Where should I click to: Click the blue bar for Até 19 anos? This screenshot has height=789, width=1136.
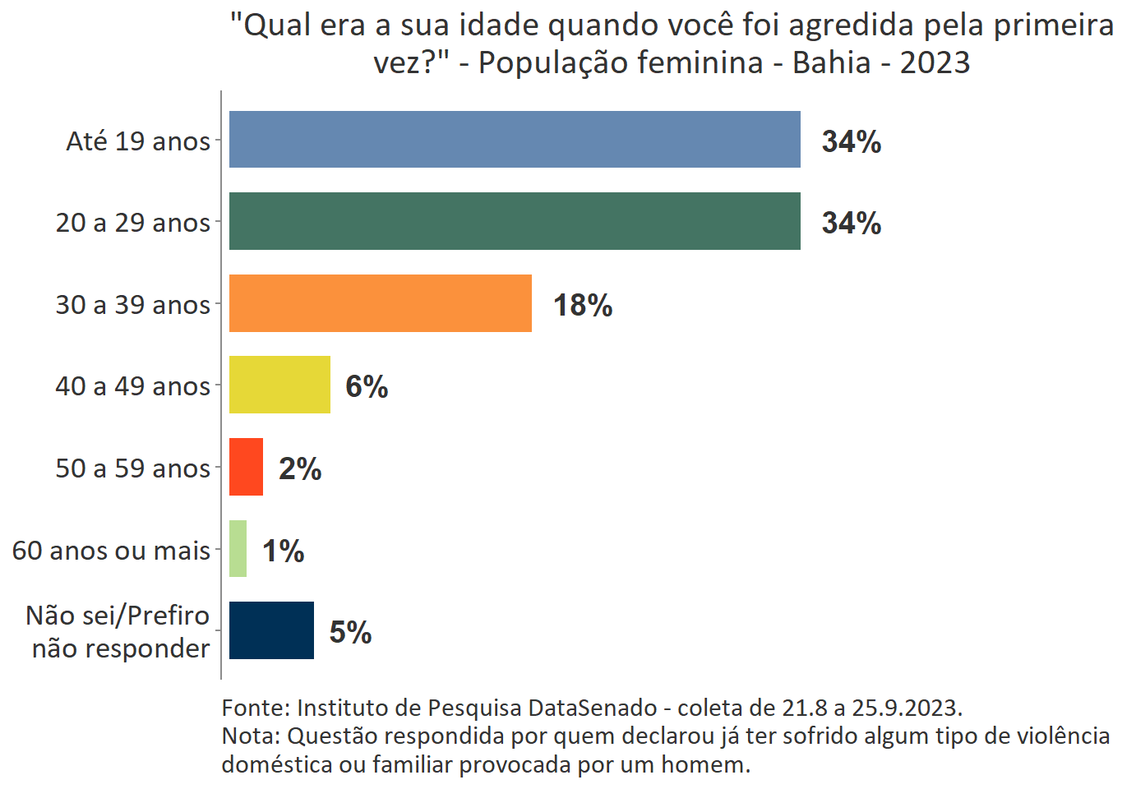pyautogui.click(x=515, y=140)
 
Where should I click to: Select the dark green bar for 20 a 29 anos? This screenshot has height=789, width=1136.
pyautogui.click(x=515, y=221)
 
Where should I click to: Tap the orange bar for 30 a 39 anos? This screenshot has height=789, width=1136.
pyautogui.click(x=381, y=303)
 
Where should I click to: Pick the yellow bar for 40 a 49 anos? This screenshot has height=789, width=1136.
pyautogui.click(x=279, y=385)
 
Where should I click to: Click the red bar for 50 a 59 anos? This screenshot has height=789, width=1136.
pyautogui.click(x=246, y=467)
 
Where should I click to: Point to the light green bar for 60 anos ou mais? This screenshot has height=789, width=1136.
pyautogui.click(x=238, y=549)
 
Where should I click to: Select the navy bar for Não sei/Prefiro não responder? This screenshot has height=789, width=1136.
pyautogui.click(x=271, y=630)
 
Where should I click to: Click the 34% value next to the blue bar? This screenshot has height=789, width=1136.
pyautogui.click(x=851, y=141)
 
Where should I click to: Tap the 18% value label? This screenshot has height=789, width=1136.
pyautogui.click(x=582, y=305)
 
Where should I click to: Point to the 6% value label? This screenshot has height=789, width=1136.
pyautogui.click(x=367, y=386)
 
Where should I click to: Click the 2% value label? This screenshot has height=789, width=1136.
pyautogui.click(x=300, y=468)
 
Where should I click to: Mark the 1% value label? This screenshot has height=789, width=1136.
pyautogui.click(x=283, y=551)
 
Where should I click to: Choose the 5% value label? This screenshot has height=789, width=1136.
pyautogui.click(x=350, y=632)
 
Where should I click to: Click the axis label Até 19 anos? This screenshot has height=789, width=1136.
pyautogui.click(x=138, y=141)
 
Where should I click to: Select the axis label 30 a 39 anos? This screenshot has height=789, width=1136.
pyautogui.click(x=133, y=305)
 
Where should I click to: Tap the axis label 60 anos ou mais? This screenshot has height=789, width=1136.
pyautogui.click(x=111, y=551)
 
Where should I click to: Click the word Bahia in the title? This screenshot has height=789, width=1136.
pyautogui.click(x=831, y=62)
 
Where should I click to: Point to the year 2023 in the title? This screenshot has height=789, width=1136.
pyautogui.click(x=935, y=62)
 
